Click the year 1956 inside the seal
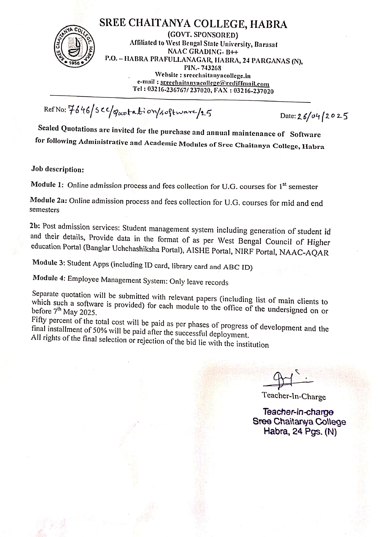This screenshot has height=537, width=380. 74,63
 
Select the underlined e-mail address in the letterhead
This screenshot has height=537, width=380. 215,83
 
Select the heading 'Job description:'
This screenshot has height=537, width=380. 57,169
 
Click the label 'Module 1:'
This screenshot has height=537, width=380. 47,185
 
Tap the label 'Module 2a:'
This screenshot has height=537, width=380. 48,200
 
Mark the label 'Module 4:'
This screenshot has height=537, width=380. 49,278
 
